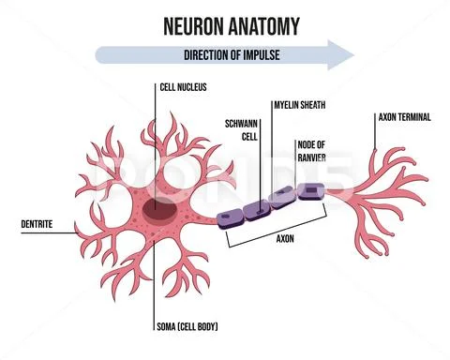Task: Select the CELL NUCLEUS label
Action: pos(184,87)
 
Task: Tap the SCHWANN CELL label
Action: pos(243,129)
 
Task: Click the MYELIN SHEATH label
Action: pos(299,105)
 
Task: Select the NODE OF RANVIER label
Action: pos(312,150)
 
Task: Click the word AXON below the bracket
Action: pos(286,238)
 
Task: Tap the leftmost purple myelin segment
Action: pos(231,217)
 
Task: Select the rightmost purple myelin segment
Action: pos(308,192)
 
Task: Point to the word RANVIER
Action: pos(313,157)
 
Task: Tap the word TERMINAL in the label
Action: pos(418,117)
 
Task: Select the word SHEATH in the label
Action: pos(312,105)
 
